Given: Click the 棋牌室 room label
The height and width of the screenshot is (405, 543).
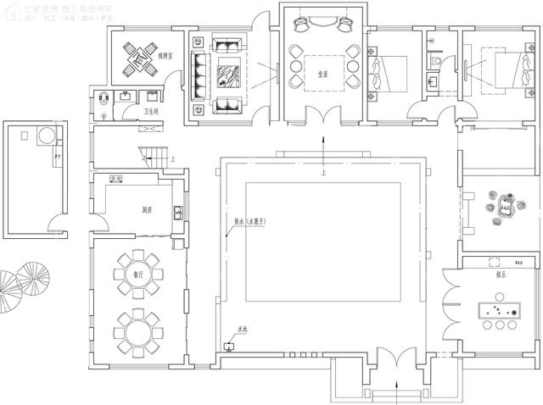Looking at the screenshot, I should [165, 56].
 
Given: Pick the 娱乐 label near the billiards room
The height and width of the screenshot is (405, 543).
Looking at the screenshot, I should [491, 274].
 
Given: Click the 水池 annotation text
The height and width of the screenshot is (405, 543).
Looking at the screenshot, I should [243, 329].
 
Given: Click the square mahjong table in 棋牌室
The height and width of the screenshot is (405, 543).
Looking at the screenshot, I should [135, 56].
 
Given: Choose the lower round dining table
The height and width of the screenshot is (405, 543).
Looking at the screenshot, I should [136, 328].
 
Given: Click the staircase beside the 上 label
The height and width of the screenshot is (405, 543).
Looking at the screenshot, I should [153, 155].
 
